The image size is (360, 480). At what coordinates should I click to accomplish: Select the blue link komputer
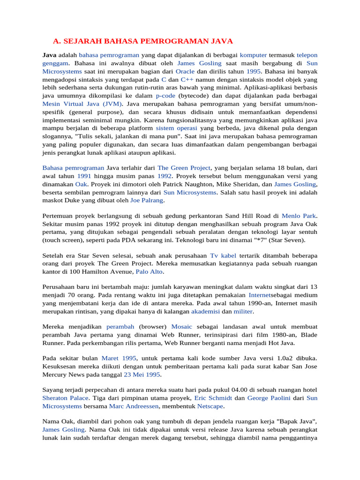[253, 55]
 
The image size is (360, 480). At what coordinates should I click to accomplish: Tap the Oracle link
[185, 71]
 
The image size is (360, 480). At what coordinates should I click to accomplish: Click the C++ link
[187, 80]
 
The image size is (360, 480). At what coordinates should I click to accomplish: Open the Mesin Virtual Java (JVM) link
[82, 104]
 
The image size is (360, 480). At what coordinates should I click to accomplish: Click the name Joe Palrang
[147, 200]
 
